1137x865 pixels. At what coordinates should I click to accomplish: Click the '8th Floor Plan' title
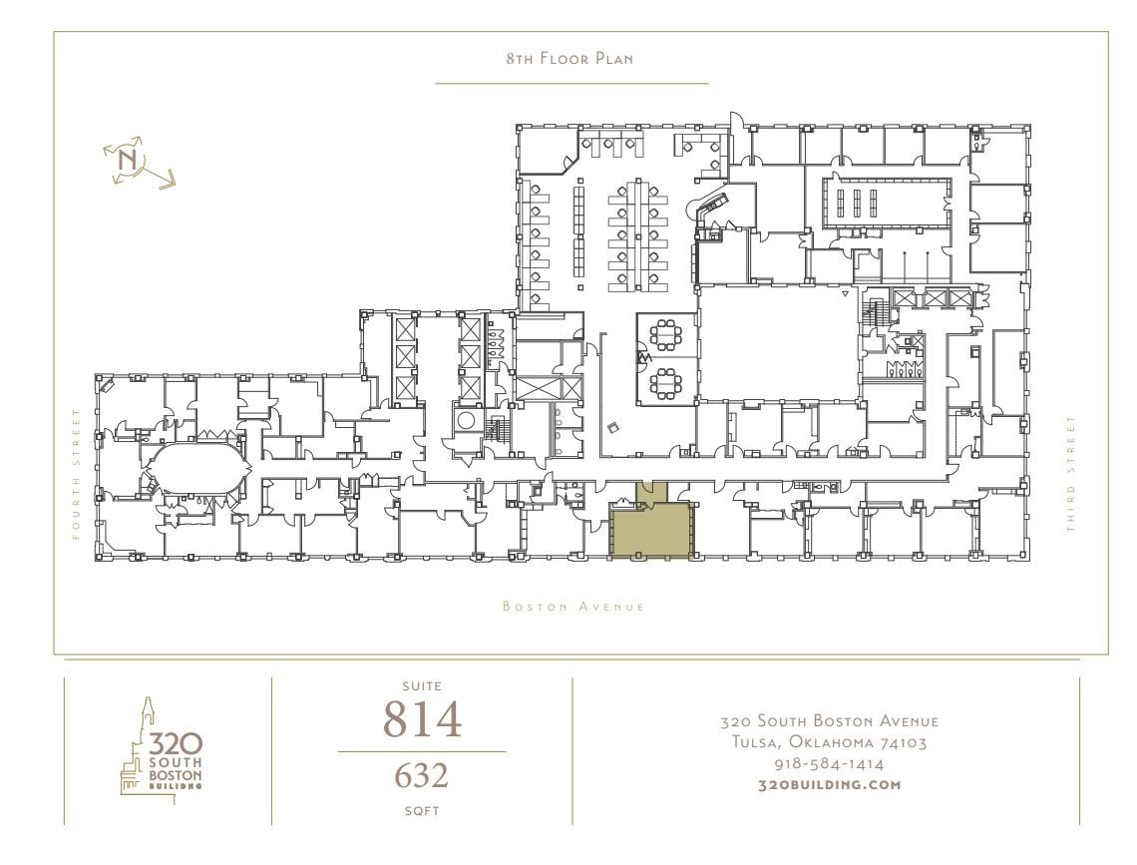[x=569, y=59]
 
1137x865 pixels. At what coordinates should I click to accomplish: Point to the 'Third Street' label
[x=1072, y=473]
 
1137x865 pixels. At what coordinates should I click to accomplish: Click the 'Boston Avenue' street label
[x=573, y=607]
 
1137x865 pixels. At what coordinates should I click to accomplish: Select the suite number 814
[x=422, y=719]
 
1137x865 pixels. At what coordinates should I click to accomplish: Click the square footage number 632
[x=422, y=776]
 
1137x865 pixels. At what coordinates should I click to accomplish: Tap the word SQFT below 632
[x=422, y=810]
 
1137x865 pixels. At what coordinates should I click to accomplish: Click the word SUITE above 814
[x=422, y=686]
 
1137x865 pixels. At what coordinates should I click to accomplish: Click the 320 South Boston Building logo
[x=163, y=749]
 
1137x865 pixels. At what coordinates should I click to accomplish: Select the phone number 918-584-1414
[x=829, y=764]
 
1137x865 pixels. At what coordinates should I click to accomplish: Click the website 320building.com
[x=829, y=784]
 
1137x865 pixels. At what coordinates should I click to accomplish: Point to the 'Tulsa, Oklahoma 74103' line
[x=829, y=742]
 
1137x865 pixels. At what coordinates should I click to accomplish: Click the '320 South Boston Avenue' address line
[x=829, y=721]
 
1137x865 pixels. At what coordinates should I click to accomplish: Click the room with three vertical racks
[x=856, y=203]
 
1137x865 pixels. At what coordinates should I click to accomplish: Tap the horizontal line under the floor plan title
[x=571, y=84]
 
